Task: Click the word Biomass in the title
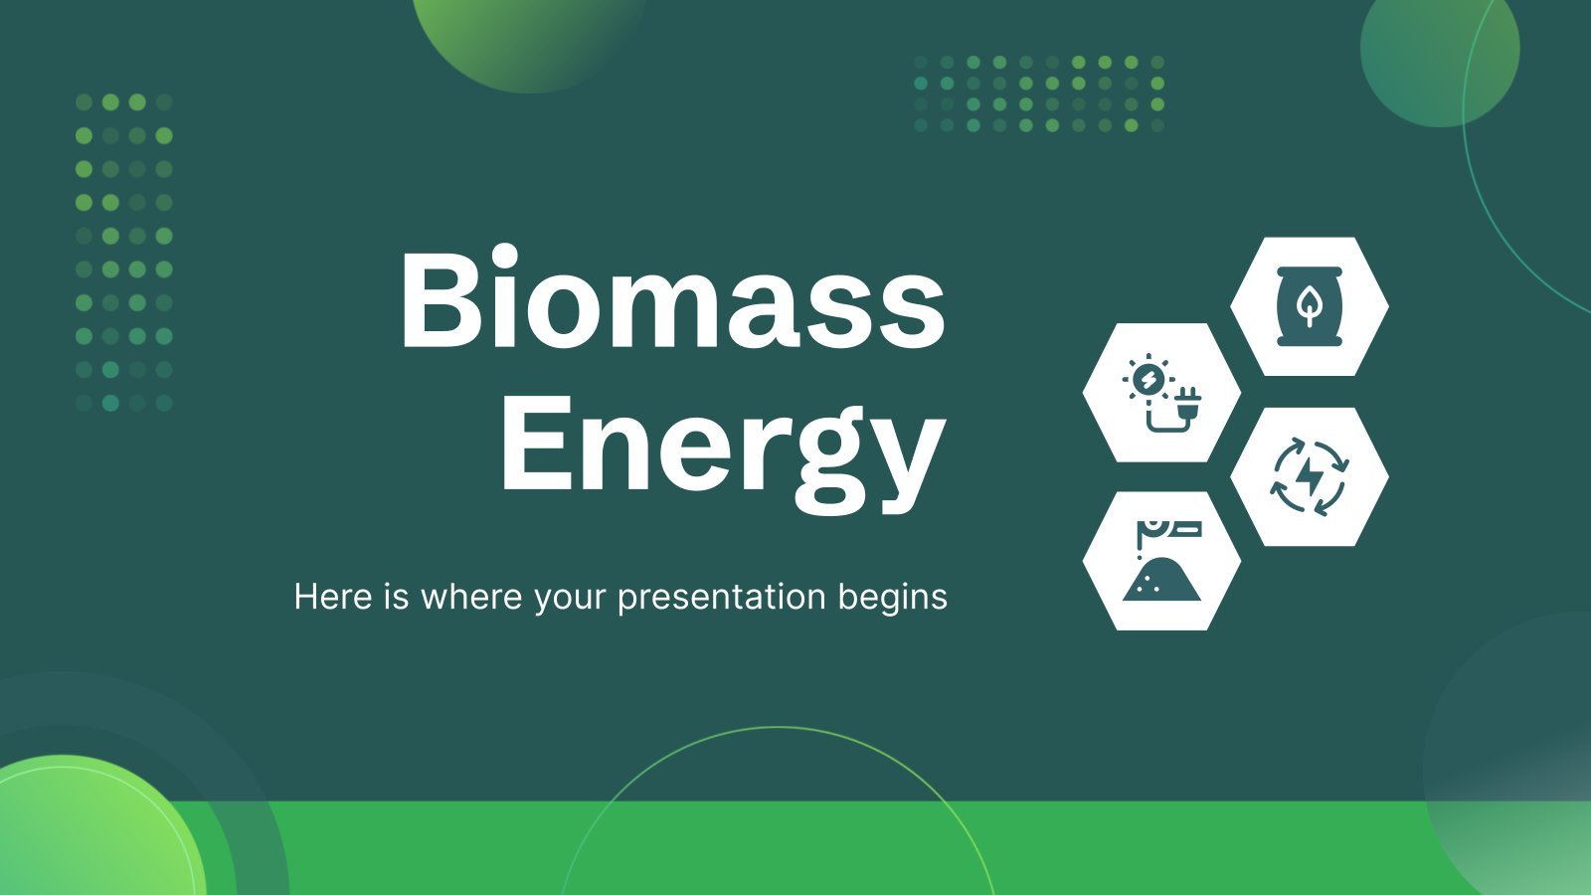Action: click(672, 297)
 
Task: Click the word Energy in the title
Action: click(724, 454)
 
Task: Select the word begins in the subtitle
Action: click(892, 598)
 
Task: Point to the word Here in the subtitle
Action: click(332, 596)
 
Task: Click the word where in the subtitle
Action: click(471, 596)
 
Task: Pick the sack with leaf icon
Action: click(1309, 306)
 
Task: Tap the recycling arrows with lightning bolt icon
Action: click(1309, 476)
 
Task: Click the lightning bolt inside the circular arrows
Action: click(1309, 476)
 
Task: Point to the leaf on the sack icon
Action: click(1309, 307)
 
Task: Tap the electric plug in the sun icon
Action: click(1186, 404)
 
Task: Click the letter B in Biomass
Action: click(439, 299)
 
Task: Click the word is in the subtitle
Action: click(397, 596)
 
